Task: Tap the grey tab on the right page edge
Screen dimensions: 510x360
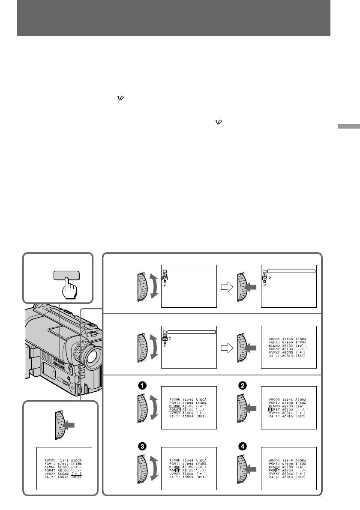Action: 348,127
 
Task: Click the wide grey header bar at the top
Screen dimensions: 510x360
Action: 174,18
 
